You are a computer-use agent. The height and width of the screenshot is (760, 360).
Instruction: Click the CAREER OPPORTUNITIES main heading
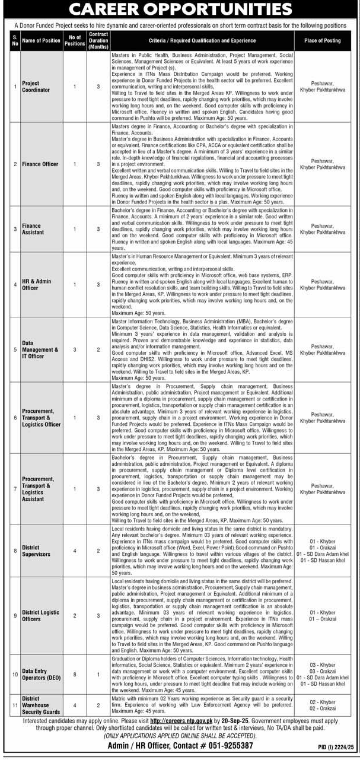coord(180,10)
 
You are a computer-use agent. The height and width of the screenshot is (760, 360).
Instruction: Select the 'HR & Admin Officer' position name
coord(36,285)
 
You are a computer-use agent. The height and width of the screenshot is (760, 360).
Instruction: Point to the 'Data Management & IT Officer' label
coord(40,349)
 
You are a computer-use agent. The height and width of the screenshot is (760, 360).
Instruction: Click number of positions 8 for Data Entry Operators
coord(75,674)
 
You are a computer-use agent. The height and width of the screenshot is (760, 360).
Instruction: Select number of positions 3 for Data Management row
coord(75,349)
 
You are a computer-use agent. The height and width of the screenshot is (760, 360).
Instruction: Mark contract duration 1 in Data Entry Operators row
coord(98,674)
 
